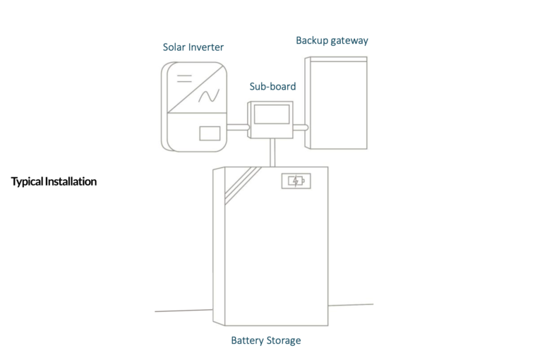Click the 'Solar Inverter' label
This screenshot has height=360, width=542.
[x=193, y=47]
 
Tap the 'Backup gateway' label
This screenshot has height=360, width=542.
[x=332, y=40]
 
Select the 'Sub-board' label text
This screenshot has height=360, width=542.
[x=272, y=86]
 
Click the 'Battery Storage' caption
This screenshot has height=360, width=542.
[x=265, y=340]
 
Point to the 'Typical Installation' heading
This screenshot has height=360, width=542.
[x=54, y=181]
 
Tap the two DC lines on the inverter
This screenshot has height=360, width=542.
[x=184, y=76]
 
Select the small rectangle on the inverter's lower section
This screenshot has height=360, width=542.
[x=210, y=133]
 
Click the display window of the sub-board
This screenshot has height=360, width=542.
[x=272, y=114]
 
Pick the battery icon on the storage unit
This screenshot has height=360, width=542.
[x=294, y=181]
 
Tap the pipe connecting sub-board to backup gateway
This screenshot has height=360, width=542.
[x=300, y=128]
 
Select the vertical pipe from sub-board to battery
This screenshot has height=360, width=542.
[x=271, y=152]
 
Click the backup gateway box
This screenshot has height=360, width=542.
[x=337, y=102]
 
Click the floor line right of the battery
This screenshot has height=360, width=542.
[x=351, y=305]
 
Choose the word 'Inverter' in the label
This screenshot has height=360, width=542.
[x=206, y=47]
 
